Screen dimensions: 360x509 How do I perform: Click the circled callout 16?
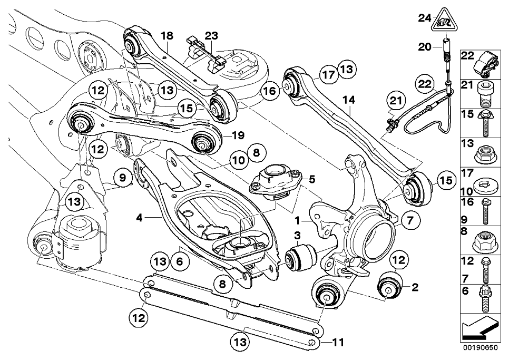click(269, 91)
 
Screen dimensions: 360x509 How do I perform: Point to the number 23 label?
click(211, 36)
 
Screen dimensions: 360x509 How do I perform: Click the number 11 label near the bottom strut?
click(338, 343)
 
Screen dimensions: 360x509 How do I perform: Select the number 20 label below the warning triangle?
click(425, 46)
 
